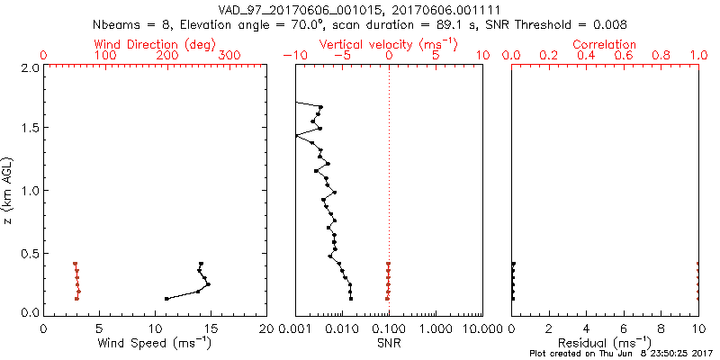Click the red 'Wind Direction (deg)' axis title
(155, 44)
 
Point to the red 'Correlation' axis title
(605, 44)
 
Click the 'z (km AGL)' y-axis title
(11, 190)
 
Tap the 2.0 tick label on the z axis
(29, 67)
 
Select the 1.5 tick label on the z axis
(29, 129)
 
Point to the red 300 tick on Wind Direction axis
(229, 56)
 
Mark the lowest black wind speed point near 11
(166, 299)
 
